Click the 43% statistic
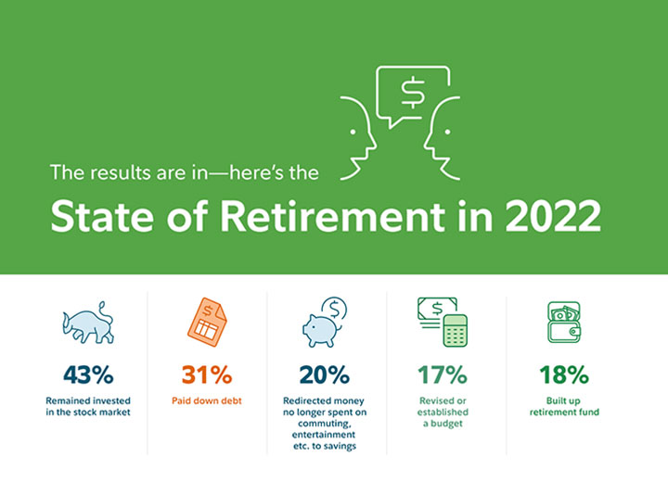coord(88,374)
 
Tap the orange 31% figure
coord(207,374)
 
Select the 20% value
coord(324,374)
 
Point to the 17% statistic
coord(443,374)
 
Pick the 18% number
coord(564,374)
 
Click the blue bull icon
coord(88,323)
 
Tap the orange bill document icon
coord(207,322)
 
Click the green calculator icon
coord(455,330)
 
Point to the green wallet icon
coord(564,323)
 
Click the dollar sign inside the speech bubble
coord(412,92)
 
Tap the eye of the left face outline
coord(353,132)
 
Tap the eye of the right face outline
coord(447,132)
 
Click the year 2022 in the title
coord(553,216)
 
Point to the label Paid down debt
coord(207,400)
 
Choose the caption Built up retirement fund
coord(564,406)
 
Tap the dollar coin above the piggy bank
coord(335,309)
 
